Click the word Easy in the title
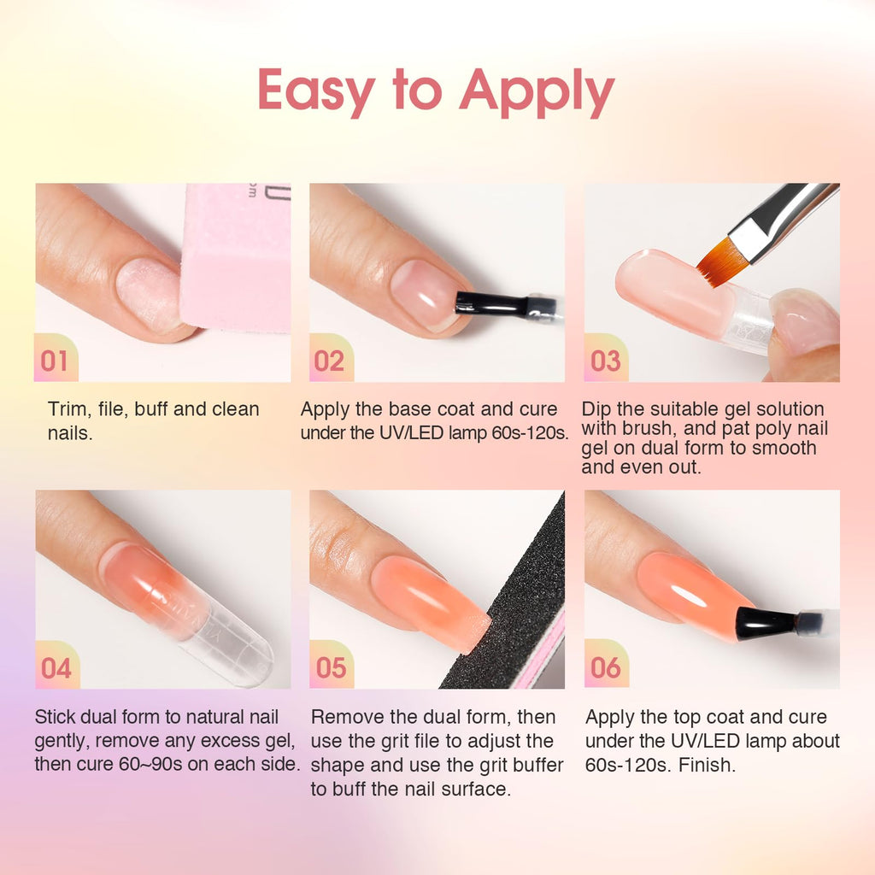click(x=317, y=91)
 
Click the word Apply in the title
click(x=537, y=92)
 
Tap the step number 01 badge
click(x=55, y=361)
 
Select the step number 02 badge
click(x=329, y=361)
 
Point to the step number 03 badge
click(x=605, y=361)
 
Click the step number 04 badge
click(x=55, y=667)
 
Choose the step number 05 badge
click(x=329, y=667)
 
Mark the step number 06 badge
click(x=605, y=667)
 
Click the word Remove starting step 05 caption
click(x=347, y=717)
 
